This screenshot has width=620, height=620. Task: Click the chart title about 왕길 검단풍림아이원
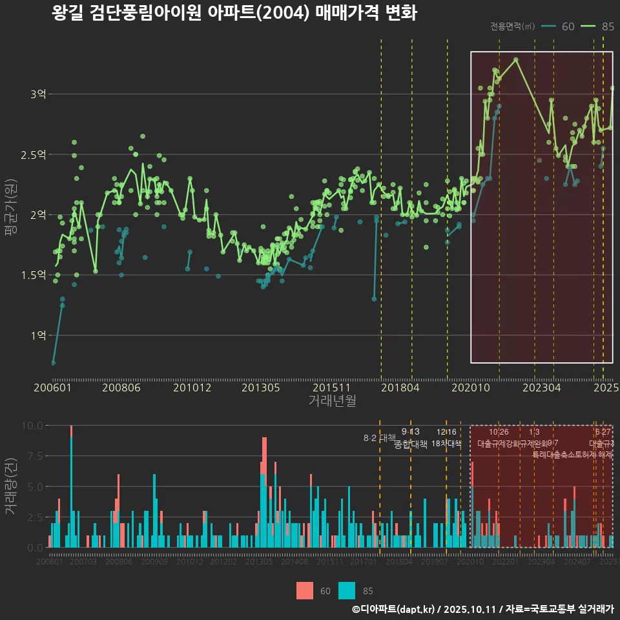pos(234,14)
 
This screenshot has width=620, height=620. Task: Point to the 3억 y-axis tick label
pos(38,94)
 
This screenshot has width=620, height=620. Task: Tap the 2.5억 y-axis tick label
pos(34,154)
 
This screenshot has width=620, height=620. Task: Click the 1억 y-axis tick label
pos(38,335)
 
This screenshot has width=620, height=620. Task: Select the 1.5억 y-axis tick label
pos(34,275)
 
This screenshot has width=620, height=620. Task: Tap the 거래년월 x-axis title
pos(332,400)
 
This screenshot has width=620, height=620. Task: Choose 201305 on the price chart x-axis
pos(260,388)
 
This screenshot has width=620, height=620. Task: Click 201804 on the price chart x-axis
pos(399,388)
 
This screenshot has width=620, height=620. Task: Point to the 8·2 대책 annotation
pos(379,439)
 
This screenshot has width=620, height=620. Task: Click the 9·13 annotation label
pos(410,432)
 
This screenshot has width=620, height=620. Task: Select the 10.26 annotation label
pos(499,432)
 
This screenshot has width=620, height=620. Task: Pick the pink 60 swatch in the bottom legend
pos(305,590)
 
